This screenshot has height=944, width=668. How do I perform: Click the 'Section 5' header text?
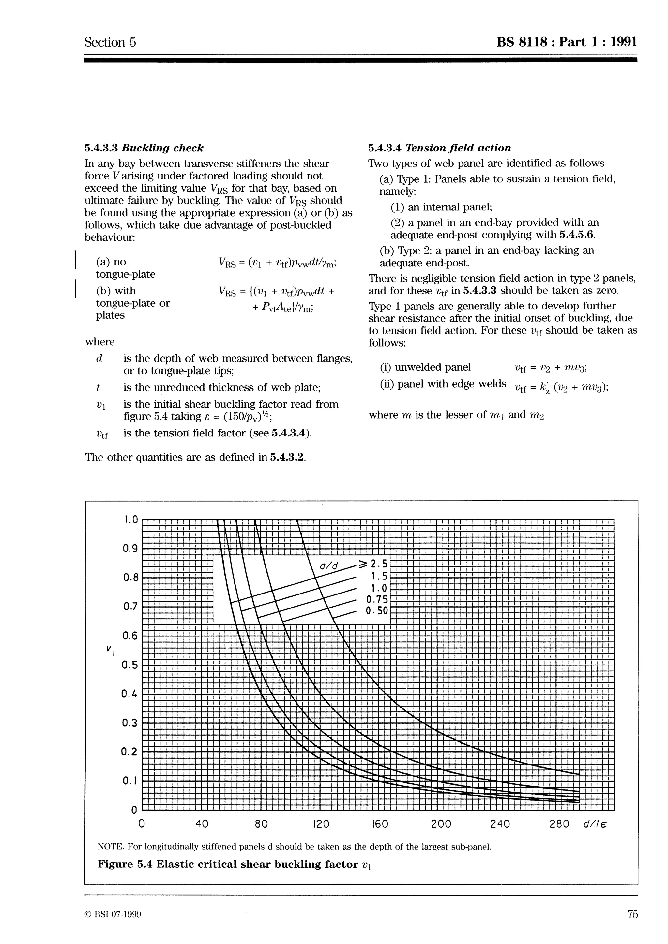(x=110, y=42)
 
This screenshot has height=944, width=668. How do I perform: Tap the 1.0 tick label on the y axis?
(x=130, y=520)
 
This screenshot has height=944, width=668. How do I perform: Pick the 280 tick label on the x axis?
(x=559, y=824)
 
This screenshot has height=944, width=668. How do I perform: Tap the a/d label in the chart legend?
(x=329, y=566)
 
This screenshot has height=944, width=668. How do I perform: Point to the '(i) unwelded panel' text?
(x=426, y=367)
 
